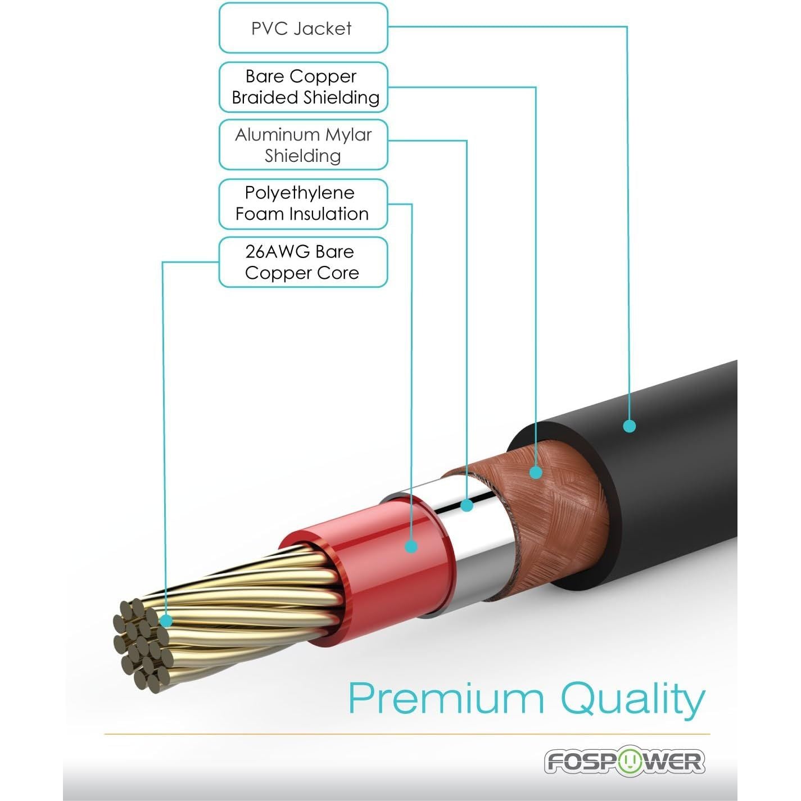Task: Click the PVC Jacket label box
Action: point(303,28)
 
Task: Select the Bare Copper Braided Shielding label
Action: point(303,87)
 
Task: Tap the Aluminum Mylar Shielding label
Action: point(303,145)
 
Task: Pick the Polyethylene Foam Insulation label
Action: point(303,203)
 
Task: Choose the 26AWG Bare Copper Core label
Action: point(303,262)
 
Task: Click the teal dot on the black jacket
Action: point(630,426)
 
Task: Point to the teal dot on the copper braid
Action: point(536,472)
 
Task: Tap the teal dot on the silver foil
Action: point(467,505)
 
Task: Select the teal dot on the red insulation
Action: point(411,546)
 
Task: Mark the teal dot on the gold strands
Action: point(166,621)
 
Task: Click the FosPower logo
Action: point(624,762)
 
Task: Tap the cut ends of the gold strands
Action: point(141,646)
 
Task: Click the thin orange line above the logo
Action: point(407,734)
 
